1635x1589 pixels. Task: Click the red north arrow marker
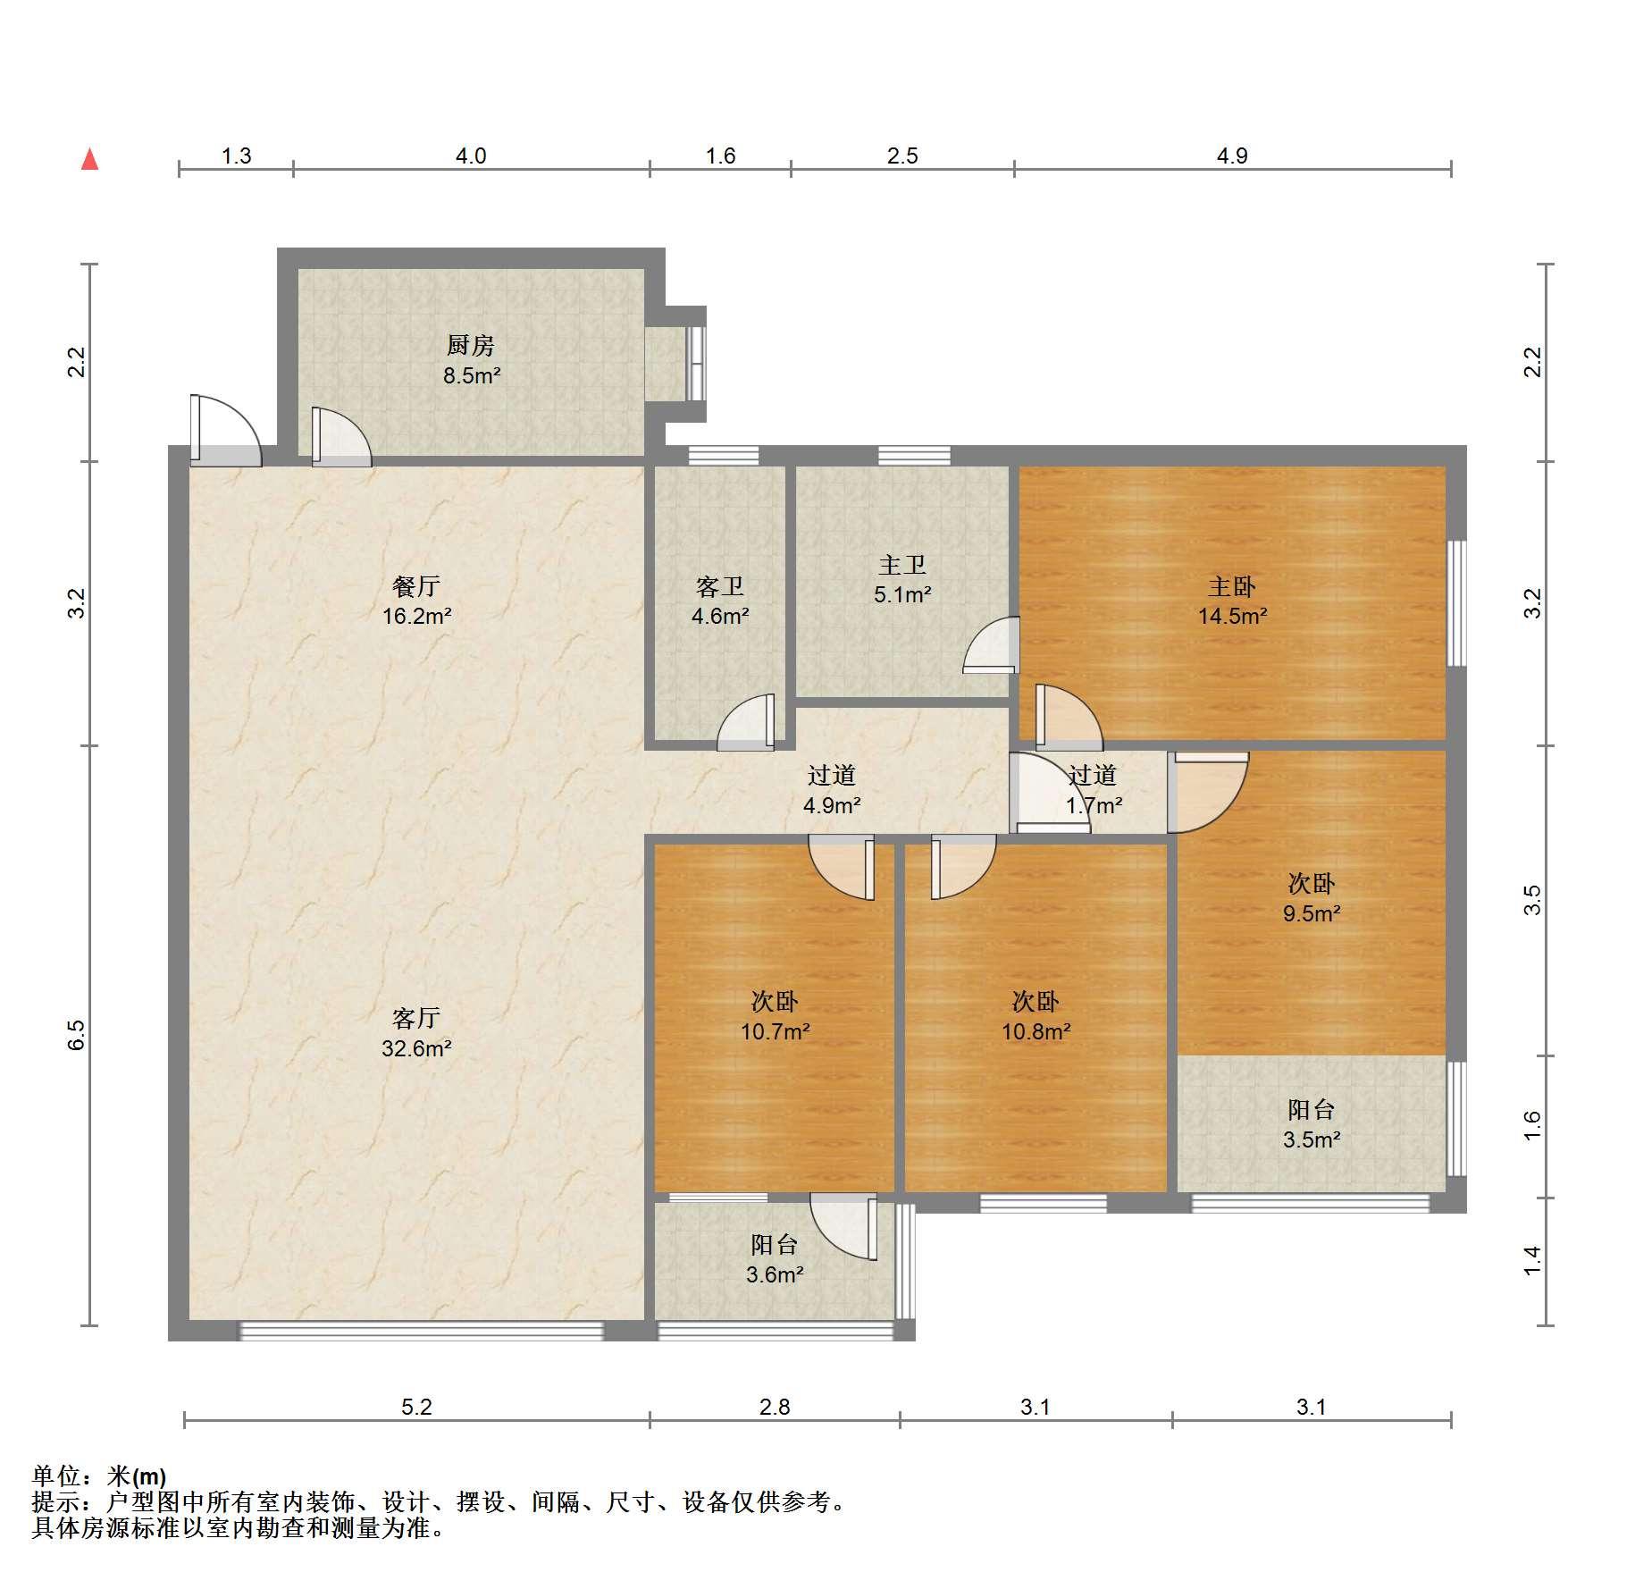click(89, 159)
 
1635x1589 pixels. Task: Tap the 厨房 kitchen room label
click(470, 345)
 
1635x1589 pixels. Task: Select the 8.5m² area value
click(472, 375)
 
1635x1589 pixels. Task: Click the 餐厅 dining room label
click(416, 586)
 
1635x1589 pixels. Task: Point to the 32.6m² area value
click(416, 1047)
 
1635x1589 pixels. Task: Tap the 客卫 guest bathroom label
click(720, 586)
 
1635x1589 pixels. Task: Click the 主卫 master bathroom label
click(902, 565)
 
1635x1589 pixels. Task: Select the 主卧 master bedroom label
click(1232, 586)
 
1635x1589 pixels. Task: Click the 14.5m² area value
click(1233, 615)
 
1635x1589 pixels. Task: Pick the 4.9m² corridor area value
click(832, 804)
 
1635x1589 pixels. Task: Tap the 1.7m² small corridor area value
click(1094, 804)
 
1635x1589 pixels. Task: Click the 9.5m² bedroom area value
click(1312, 912)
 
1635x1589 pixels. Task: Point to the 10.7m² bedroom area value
click(775, 1031)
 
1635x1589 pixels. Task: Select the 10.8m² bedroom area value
click(1035, 1031)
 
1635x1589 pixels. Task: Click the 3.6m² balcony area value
click(775, 1274)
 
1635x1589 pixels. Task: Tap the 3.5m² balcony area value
click(1312, 1139)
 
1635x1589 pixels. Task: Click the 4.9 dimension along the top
click(1232, 156)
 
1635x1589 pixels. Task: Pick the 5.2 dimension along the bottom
click(416, 1407)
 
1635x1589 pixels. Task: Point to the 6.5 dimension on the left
click(77, 1034)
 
